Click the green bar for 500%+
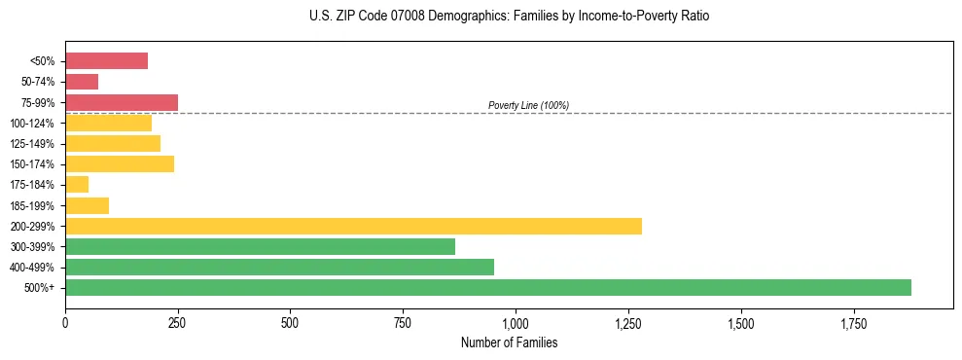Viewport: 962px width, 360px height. click(487, 287)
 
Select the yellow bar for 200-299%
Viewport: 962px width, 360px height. click(353, 226)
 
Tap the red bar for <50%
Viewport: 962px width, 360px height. click(106, 61)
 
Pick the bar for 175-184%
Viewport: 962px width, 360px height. click(77, 185)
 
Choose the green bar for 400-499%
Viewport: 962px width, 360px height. click(279, 267)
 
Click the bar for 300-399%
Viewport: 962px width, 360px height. click(260, 246)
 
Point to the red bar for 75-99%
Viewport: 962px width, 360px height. click(122, 102)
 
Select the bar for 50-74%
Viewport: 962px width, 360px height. click(82, 82)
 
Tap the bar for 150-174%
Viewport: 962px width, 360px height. click(120, 164)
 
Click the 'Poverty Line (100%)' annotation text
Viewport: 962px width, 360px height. click(528, 105)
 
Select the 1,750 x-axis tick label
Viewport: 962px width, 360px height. click(853, 323)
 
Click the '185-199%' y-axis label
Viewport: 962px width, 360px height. click(31, 205)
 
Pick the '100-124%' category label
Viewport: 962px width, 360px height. click(31, 123)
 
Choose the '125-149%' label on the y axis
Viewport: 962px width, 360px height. click(31, 144)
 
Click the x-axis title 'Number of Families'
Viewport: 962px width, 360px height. click(508, 342)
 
